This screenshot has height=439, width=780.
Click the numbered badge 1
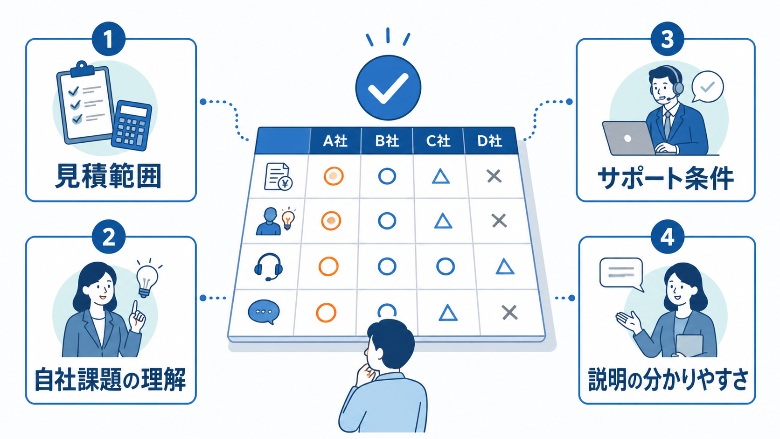coord(109,39)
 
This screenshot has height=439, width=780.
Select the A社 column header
coord(335,140)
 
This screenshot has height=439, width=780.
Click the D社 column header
coord(489,140)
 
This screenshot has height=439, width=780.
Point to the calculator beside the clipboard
coord(132,125)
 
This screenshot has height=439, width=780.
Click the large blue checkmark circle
coord(388,88)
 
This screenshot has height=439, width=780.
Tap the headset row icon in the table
coord(268,267)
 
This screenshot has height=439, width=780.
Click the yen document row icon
coord(278,176)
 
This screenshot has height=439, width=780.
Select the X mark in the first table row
coord(494,176)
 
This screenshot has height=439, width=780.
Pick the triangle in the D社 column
coord(505,267)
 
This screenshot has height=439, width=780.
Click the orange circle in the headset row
coord(328,266)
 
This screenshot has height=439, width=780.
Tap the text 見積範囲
coord(109,176)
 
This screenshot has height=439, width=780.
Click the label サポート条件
coord(666,178)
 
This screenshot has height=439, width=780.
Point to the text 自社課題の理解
coord(110,379)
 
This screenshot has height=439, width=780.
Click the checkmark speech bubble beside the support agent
coord(707,87)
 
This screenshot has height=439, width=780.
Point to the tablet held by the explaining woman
coord(689,345)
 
